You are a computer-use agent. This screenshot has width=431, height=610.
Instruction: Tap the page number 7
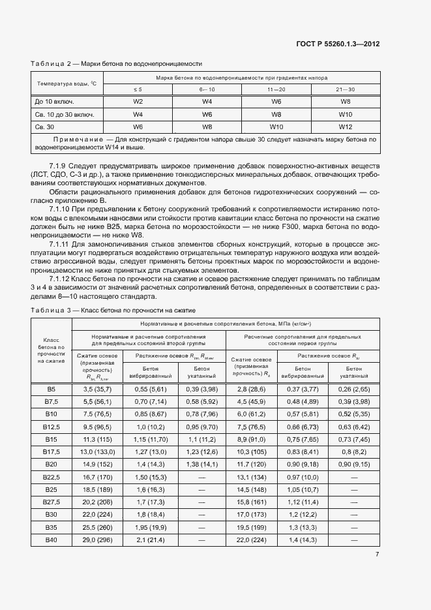[378, 555]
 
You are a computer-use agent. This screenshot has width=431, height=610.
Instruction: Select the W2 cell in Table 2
[138, 102]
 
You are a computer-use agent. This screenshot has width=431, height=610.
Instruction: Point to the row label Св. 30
[45, 127]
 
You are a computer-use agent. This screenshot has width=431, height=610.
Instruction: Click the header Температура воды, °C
[67, 83]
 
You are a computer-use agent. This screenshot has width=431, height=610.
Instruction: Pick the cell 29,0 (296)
[96, 541]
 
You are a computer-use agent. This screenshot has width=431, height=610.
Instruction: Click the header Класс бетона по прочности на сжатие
[51, 350]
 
